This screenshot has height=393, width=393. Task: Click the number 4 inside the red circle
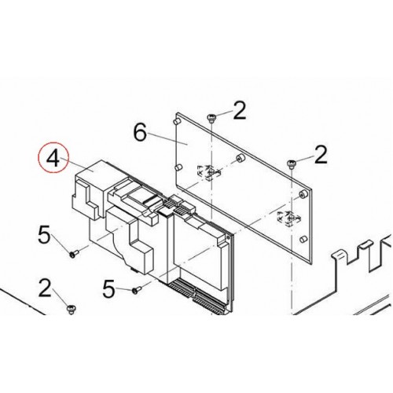tap(53, 158)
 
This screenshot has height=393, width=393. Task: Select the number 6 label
tap(140, 133)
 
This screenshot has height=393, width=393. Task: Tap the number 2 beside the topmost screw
tap(240, 110)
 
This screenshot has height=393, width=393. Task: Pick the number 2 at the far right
tap(321, 155)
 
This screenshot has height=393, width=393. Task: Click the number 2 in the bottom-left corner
tap(45, 288)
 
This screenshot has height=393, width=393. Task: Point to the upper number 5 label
tap(44, 235)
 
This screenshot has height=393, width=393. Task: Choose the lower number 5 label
tap(108, 289)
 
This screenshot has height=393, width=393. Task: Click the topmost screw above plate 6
tap(211, 118)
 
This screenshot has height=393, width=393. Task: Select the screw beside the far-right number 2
tap(291, 163)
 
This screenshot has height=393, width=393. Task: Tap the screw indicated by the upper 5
tap(74, 254)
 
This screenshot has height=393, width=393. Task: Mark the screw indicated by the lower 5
tap(137, 290)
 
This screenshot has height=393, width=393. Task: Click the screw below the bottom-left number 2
tap(71, 309)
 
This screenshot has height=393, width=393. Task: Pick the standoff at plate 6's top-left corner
tap(176, 121)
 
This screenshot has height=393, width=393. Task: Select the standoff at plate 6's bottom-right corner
tap(303, 239)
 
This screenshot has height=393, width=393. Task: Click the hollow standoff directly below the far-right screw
tap(303, 194)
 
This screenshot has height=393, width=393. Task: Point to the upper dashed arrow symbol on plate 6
tap(208, 173)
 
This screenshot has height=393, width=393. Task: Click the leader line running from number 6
tap(167, 138)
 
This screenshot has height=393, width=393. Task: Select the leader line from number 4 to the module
tap(77, 164)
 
